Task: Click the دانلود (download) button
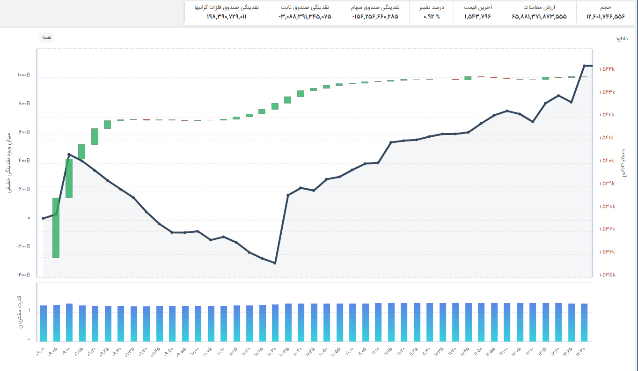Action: pos(621,38)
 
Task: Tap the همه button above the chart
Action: pos(47,37)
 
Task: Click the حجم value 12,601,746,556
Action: pos(605,16)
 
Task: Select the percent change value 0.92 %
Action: pos(432,16)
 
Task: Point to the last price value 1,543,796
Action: pos(477,16)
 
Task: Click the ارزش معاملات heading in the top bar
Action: pos(539,7)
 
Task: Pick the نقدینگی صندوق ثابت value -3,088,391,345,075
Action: pos(305,16)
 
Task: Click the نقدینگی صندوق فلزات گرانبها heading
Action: pos(227,7)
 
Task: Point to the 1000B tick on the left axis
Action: pos(24,75)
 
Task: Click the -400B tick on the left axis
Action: pos(24,275)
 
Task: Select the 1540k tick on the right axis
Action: pos(607,161)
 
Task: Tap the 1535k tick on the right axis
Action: pos(607,275)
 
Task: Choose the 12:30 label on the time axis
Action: pos(580,352)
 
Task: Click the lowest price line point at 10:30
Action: pos(275,263)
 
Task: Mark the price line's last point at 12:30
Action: pos(584,66)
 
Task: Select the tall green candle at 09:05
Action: pos(56,228)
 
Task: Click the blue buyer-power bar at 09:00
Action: pos(44,323)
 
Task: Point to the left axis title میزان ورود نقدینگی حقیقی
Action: pos(8,163)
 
